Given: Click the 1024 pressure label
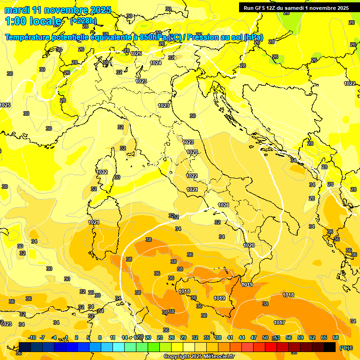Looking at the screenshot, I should point(156,63).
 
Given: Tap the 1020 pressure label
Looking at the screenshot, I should point(249,245).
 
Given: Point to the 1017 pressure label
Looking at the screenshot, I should point(279,322).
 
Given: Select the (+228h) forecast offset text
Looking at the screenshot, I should point(83,21).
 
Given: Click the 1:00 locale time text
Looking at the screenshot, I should point(33,21).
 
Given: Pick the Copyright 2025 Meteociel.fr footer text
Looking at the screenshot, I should point(199,356).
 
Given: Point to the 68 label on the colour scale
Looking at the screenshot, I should point(336,337).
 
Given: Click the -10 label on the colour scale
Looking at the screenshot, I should point(32,337).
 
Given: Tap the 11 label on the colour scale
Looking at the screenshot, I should point(112,337).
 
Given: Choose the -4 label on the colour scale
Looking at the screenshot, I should point(54,337).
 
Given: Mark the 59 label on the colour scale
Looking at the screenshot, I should point(300,337).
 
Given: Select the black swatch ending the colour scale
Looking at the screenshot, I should point(330,347).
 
